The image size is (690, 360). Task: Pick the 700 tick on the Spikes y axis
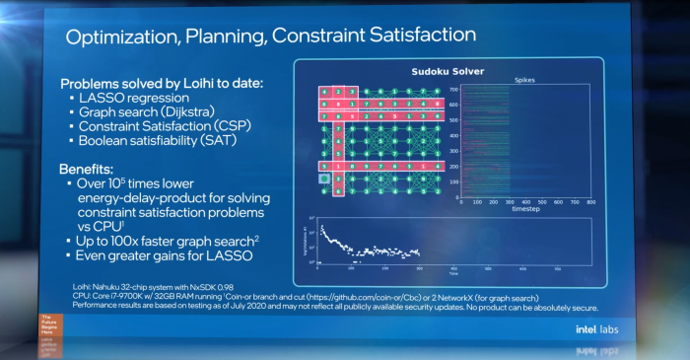(x=455, y=89)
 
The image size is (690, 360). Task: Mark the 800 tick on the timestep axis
(x=592, y=202)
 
